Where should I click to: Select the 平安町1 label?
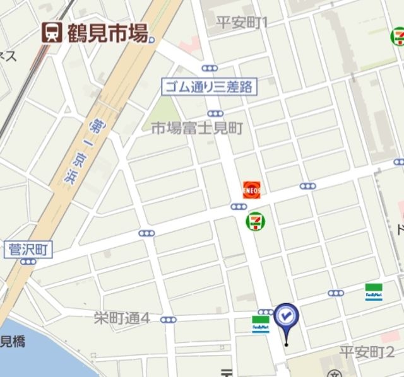point(242,23)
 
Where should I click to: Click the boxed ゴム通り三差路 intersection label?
point(208,86)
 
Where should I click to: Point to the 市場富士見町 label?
point(196,128)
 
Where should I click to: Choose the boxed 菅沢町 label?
point(27,250)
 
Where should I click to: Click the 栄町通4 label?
point(122,318)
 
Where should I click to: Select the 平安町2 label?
point(367,351)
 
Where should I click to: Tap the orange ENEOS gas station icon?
point(251,188)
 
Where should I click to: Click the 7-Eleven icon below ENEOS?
point(255,221)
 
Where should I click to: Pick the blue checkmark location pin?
point(286,317)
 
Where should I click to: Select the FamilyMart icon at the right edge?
point(374,292)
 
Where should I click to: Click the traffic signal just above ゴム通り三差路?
point(210,68)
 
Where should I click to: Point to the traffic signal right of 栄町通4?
point(167,320)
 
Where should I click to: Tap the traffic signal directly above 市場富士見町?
point(215,113)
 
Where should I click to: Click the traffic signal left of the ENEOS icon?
point(238,206)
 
